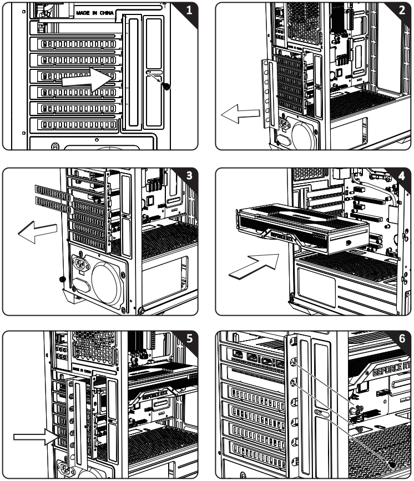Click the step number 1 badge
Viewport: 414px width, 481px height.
tap(190, 10)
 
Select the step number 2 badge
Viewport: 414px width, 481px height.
tap(403, 10)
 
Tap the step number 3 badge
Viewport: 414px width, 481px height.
tap(190, 176)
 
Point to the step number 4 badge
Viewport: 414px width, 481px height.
tap(403, 176)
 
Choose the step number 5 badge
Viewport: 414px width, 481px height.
tap(190, 339)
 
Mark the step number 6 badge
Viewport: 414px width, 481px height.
tap(403, 339)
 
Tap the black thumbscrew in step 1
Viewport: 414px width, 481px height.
tap(166, 86)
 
